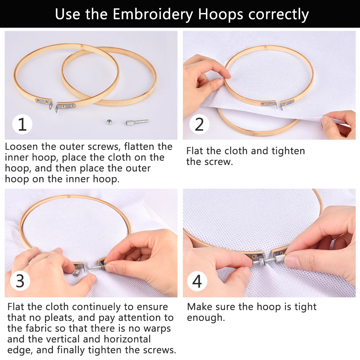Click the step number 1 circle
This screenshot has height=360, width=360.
tap(22, 124)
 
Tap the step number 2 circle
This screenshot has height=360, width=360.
tap(199, 124)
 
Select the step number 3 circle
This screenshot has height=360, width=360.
tap(20, 281)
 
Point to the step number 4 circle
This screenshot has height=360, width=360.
tap(197, 281)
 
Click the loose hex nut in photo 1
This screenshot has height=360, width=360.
tap(109, 122)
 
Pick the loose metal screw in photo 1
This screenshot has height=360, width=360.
tap(137, 122)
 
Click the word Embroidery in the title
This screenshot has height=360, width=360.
tap(153, 14)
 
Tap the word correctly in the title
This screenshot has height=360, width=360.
tap(279, 14)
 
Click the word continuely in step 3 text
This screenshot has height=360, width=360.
tap(96, 307)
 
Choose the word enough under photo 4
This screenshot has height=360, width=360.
tap(206, 318)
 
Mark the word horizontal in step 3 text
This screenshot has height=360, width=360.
tap(127, 339)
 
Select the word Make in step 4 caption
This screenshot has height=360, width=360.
tap(197, 307)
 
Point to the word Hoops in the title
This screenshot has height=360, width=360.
tap(220, 14)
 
